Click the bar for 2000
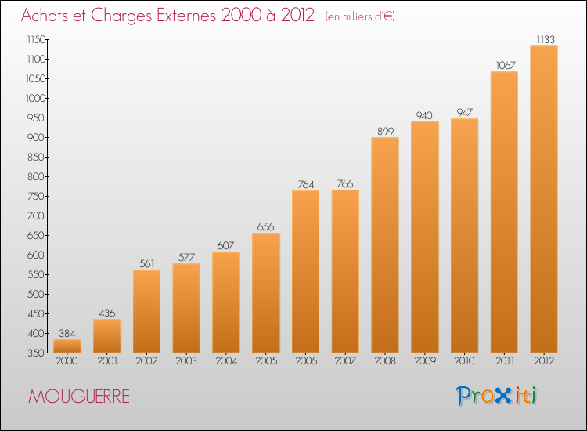pyautogui.click(x=67, y=346)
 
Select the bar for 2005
pyautogui.click(x=266, y=293)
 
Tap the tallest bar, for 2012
pyautogui.click(x=544, y=199)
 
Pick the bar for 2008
pyautogui.click(x=385, y=245)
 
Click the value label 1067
pyautogui.click(x=506, y=65)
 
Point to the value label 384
pyautogui.click(x=67, y=333)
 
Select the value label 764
pyautogui.click(x=305, y=184)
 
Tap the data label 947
pyautogui.click(x=465, y=112)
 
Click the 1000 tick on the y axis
pyautogui.click(x=35, y=98)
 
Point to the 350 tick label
pyautogui.click(x=37, y=353)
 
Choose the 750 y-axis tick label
pyautogui.click(x=37, y=197)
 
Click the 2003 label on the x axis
pyautogui.click(x=186, y=361)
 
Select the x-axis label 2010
pyautogui.click(x=465, y=361)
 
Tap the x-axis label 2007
pyautogui.click(x=345, y=361)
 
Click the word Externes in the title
pyautogui.click(x=186, y=16)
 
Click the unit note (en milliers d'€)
pyautogui.click(x=360, y=16)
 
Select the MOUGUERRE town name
pyautogui.click(x=79, y=397)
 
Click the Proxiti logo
pyautogui.click(x=496, y=396)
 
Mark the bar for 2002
pyautogui.click(x=146, y=311)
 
